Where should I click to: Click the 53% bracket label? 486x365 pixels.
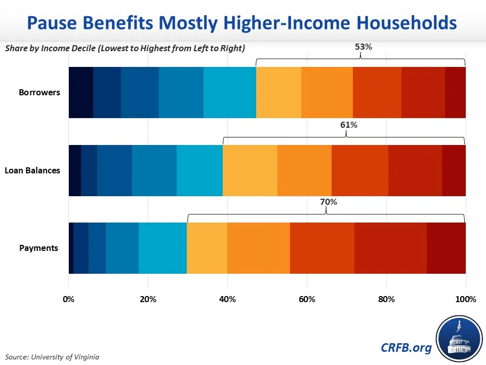(x=363, y=47)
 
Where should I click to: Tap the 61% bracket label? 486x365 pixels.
(x=349, y=125)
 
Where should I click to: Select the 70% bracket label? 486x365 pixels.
(x=329, y=202)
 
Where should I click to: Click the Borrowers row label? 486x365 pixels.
(x=39, y=92)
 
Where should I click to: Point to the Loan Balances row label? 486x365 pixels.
(x=32, y=170)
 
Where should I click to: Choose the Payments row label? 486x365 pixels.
(x=39, y=248)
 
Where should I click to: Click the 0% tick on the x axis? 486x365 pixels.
(x=68, y=299)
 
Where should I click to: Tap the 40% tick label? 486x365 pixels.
(x=227, y=299)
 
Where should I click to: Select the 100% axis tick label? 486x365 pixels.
(x=466, y=299)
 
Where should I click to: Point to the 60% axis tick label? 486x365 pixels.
(x=307, y=299)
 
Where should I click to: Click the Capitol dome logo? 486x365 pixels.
(x=459, y=339)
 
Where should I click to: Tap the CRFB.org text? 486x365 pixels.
(x=406, y=348)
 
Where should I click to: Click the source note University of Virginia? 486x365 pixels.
(x=52, y=357)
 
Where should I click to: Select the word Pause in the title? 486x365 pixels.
(x=52, y=23)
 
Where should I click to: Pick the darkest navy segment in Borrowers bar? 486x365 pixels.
(x=81, y=92)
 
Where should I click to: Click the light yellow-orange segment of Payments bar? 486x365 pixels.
(x=207, y=248)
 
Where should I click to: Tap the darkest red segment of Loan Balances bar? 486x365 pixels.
(x=454, y=170)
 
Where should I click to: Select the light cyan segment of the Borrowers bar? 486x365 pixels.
(x=230, y=92)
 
